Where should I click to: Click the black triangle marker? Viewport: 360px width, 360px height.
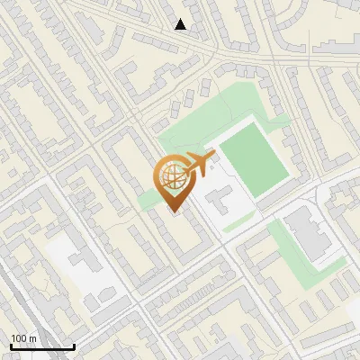point(181,24)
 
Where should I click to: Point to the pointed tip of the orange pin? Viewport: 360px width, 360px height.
point(175,211)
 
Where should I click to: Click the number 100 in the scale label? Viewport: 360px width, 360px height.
point(20,338)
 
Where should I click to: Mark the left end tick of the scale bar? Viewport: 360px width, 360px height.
point(10,345)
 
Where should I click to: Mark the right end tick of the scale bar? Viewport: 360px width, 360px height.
point(74,345)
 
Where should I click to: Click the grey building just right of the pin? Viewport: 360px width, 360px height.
point(221,200)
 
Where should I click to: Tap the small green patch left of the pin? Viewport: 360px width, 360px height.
point(148,199)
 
